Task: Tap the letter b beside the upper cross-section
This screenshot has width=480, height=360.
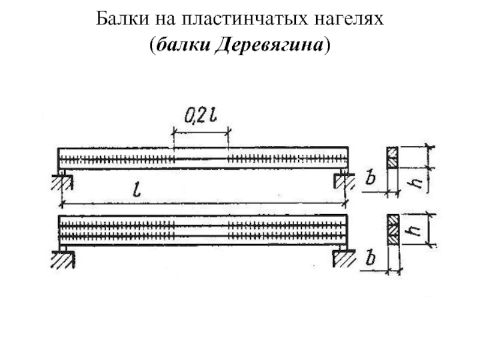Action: (x=370, y=178)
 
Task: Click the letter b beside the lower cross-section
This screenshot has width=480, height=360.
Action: (x=370, y=259)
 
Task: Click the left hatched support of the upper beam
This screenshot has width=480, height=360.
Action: (x=62, y=182)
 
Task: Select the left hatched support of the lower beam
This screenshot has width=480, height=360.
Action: (x=63, y=259)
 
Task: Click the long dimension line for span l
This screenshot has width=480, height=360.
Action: (x=204, y=204)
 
